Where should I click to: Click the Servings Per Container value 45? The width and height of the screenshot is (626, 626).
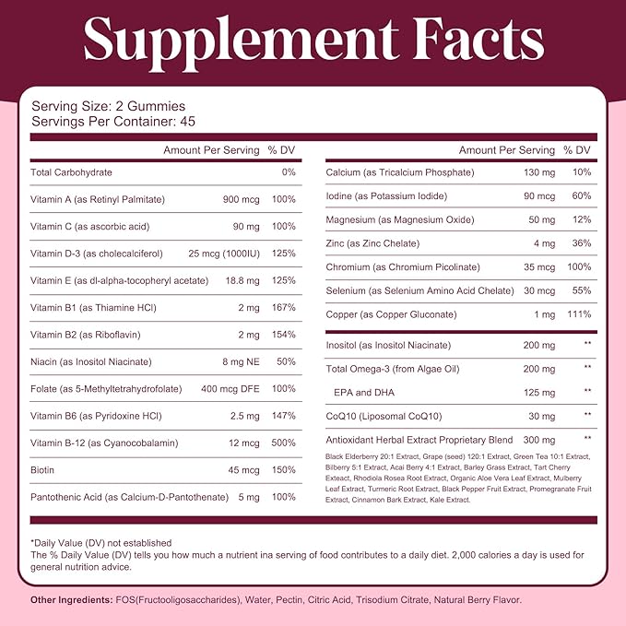tap(190, 121)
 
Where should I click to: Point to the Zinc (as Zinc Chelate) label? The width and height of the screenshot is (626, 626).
tap(372, 243)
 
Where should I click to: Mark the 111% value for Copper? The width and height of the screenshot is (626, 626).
tap(577, 314)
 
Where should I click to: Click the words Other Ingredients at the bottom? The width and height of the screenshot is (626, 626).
tap(70, 599)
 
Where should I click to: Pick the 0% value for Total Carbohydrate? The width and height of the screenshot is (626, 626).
tap(289, 172)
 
